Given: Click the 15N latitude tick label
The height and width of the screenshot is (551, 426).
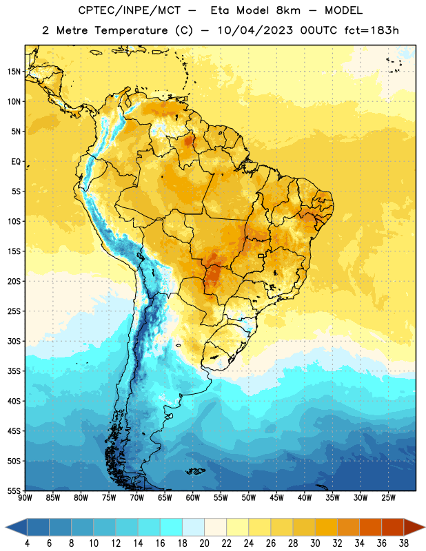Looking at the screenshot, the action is tap(14, 72).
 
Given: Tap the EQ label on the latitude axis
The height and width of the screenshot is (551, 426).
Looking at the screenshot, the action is tap(16, 162).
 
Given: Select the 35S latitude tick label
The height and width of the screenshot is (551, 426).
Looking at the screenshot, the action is tap(14, 371).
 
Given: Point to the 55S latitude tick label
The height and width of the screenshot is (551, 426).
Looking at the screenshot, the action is tap(14, 490).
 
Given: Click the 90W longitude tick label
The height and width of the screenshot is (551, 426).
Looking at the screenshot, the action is tap(25, 498).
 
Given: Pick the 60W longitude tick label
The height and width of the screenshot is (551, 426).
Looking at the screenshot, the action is tap(193, 498).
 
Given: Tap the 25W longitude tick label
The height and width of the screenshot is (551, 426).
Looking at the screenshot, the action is tap(388, 498).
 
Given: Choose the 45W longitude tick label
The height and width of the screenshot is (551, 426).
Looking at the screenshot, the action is tap(276, 498).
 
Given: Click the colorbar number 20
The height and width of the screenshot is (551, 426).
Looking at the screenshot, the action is tap(204, 543).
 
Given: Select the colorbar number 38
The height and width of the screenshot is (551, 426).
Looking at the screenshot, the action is tap(404, 543).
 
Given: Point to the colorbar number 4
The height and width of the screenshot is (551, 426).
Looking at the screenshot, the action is tap(27, 543).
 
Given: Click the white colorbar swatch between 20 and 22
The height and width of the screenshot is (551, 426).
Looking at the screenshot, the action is tap(215, 527).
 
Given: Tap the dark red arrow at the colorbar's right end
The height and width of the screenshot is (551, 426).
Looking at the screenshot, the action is tap(413, 527).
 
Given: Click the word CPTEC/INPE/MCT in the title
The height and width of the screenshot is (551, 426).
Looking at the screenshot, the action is tap(129, 10).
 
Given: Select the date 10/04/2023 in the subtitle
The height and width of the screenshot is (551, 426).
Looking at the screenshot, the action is tap(255, 30).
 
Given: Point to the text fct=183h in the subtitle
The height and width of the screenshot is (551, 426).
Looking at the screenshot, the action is tap(372, 30).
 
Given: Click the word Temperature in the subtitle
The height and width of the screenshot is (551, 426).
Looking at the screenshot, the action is tap(131, 30).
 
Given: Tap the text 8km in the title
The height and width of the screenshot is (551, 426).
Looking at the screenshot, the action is tap(288, 10).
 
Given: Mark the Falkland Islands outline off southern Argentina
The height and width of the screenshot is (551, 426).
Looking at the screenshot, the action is tap(196, 471).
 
